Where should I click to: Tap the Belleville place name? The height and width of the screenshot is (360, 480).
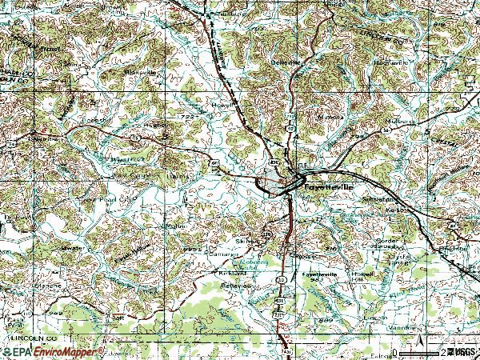(x=288, y=62)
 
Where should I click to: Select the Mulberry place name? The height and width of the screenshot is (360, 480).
(x=401, y=121)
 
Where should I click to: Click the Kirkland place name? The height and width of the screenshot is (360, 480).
(x=233, y=272)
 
